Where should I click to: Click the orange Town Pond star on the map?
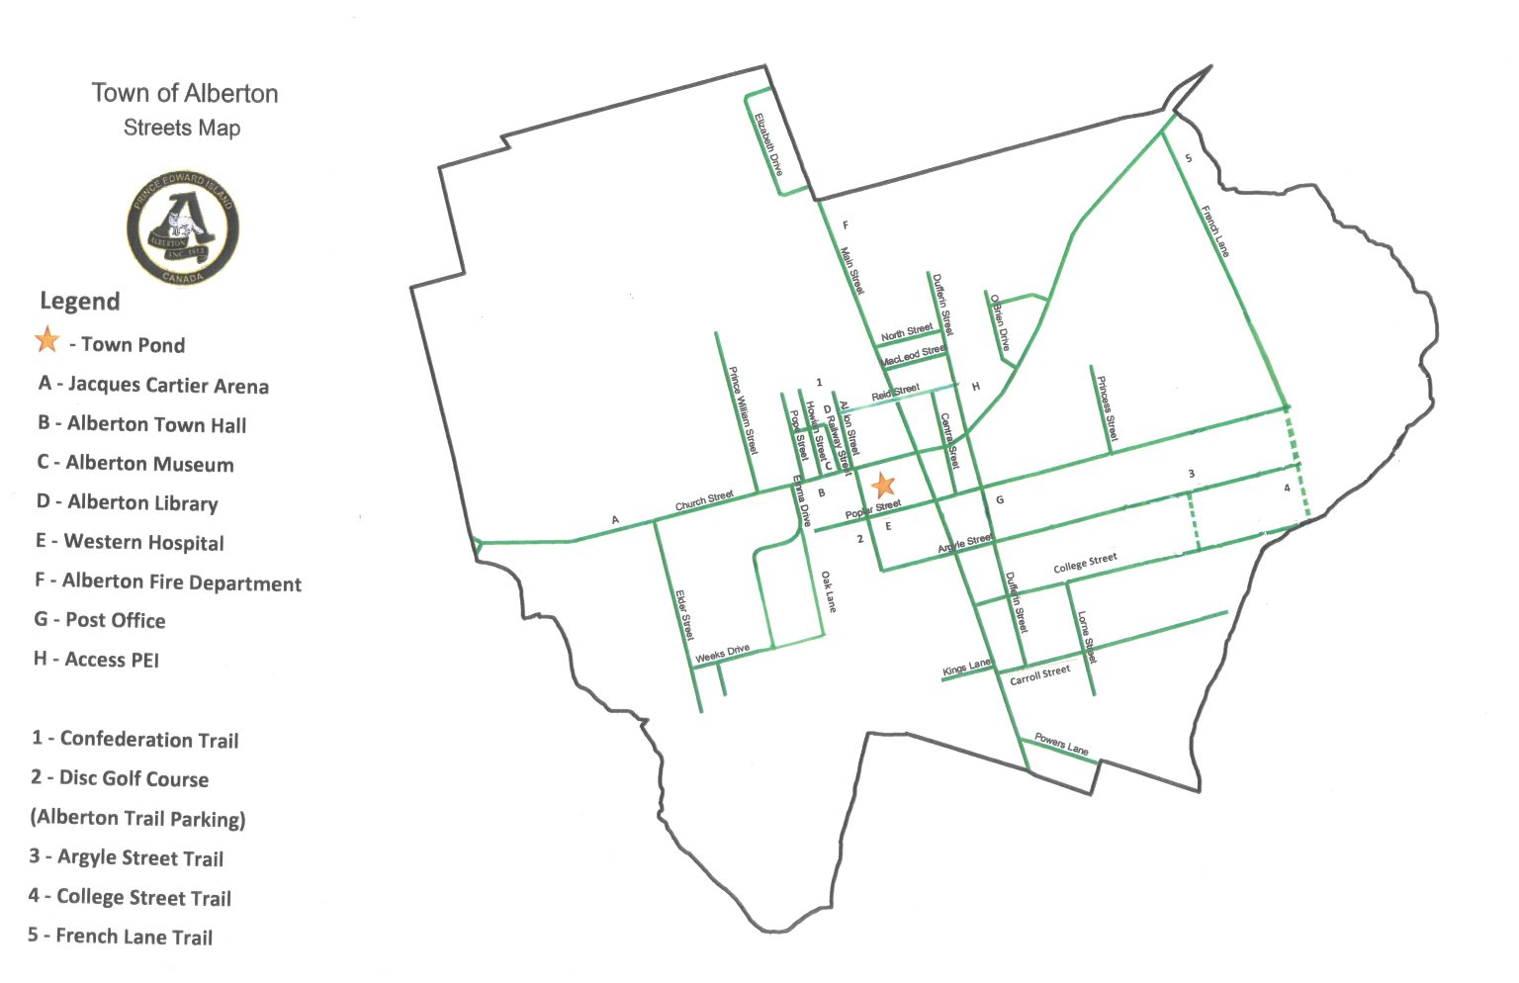(x=883, y=485)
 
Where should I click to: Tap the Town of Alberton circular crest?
(x=183, y=228)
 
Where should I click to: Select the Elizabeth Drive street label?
(x=768, y=144)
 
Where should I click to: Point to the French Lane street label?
(x=1215, y=231)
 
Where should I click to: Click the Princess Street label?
(x=1107, y=408)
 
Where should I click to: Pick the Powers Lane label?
(x=1061, y=744)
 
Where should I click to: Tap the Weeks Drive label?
(x=722, y=654)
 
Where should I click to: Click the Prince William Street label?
(x=743, y=410)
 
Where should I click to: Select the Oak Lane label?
(x=828, y=591)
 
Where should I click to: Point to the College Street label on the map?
(x=1085, y=563)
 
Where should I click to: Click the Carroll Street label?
(x=1039, y=675)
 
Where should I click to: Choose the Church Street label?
(x=704, y=500)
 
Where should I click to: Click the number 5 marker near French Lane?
(x=1189, y=158)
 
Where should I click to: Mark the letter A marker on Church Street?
(x=615, y=520)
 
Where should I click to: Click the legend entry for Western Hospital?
(x=130, y=542)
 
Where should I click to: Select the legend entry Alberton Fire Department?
(x=168, y=581)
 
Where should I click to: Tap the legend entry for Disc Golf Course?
(x=120, y=778)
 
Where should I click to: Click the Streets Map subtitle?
(x=182, y=128)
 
